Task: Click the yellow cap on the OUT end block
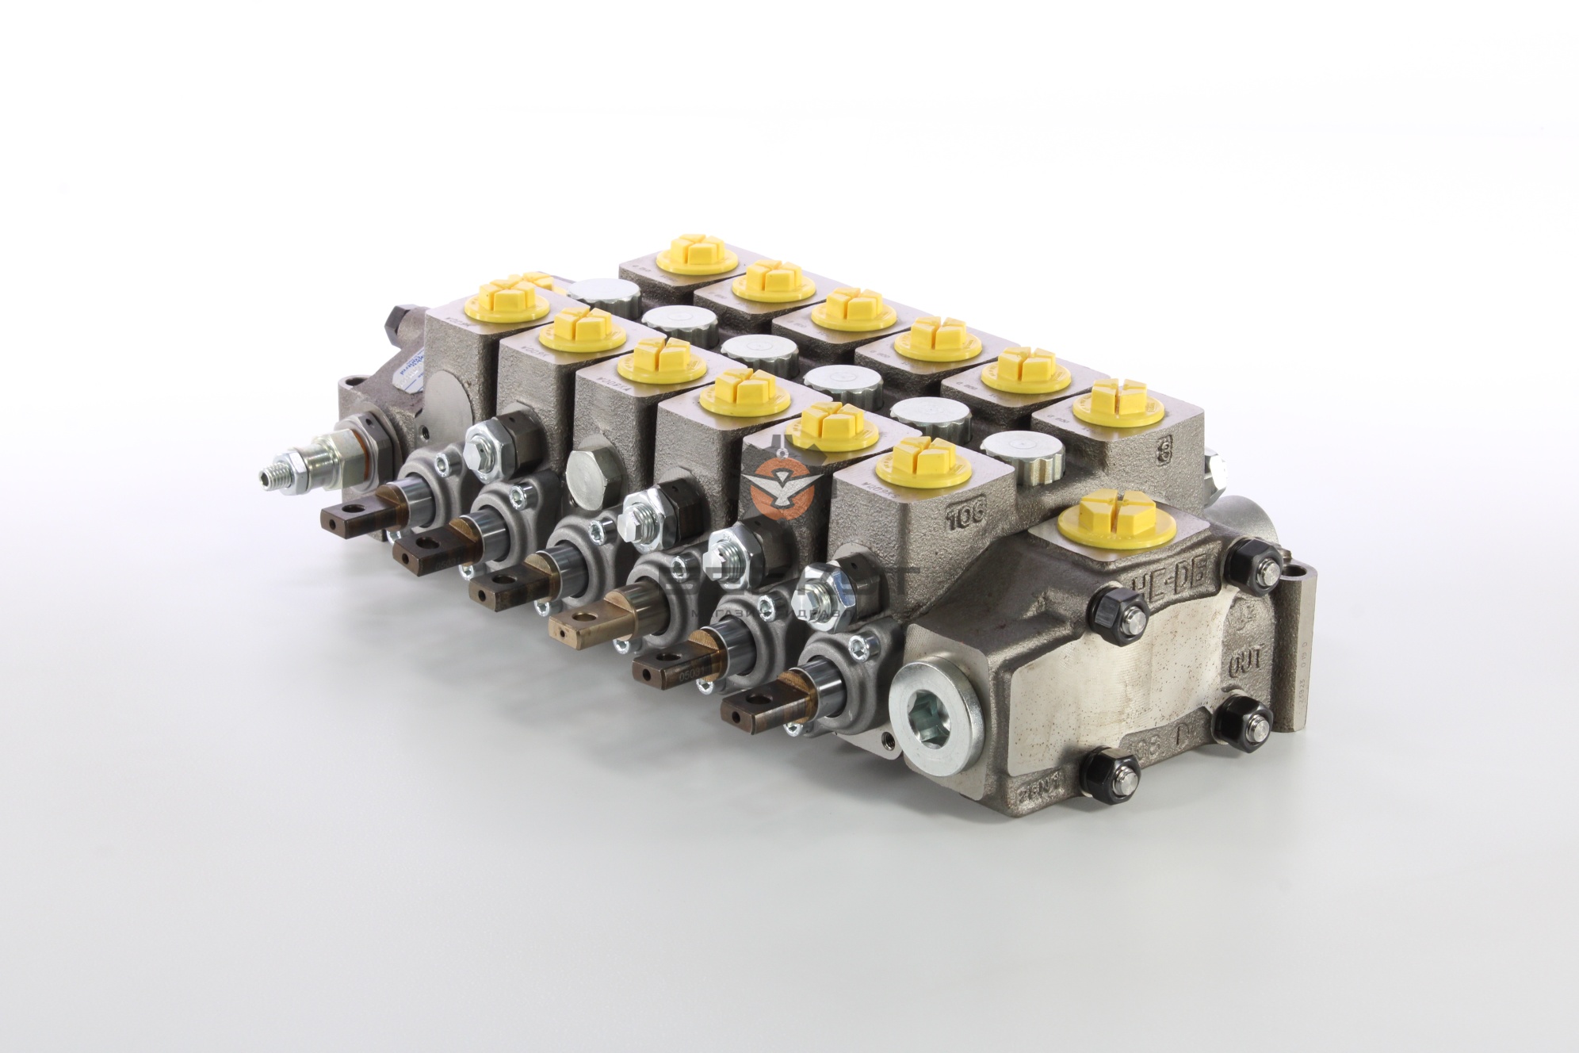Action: (x=1118, y=516)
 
